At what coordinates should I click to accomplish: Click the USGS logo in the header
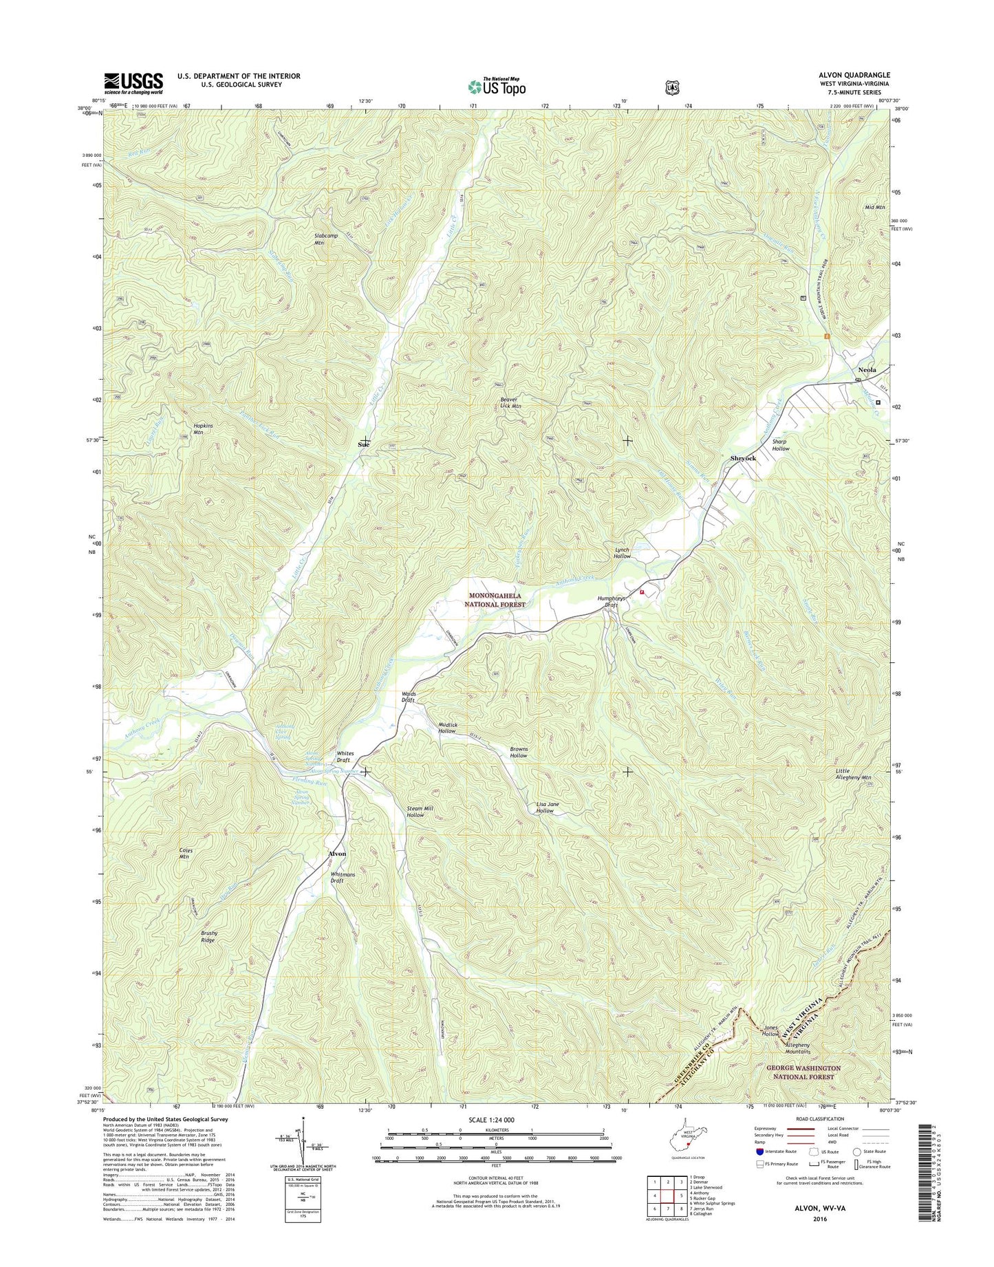click(x=133, y=83)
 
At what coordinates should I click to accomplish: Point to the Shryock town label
click(x=743, y=458)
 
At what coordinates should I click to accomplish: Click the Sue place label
click(x=364, y=445)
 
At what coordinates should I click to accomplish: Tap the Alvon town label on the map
click(x=337, y=854)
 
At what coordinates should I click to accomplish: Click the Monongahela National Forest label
click(x=497, y=600)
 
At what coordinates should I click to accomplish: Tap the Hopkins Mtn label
click(x=203, y=429)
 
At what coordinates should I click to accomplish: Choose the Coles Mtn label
click(x=185, y=854)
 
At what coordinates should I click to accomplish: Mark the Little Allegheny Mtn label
click(x=853, y=775)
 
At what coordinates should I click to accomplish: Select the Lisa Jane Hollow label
click(x=545, y=808)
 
